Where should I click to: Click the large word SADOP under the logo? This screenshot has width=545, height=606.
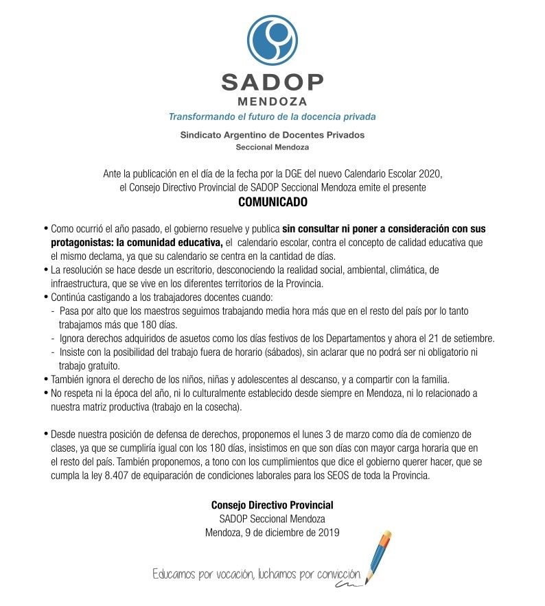pyautogui.click(x=272, y=82)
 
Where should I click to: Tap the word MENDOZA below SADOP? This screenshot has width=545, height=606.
pyautogui.click(x=272, y=102)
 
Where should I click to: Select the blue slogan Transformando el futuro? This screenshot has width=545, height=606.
pyautogui.click(x=272, y=117)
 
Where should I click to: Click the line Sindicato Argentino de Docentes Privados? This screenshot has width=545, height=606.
pyautogui.click(x=272, y=135)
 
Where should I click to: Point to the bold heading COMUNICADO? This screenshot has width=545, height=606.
pyautogui.click(x=272, y=203)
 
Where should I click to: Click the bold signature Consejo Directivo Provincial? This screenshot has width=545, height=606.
pyautogui.click(x=272, y=505)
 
